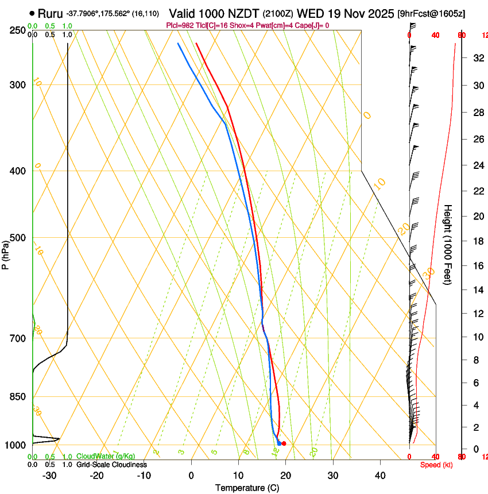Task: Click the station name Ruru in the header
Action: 50,13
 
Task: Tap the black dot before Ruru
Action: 32,13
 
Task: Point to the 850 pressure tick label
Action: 17,397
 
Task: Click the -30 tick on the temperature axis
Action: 49,476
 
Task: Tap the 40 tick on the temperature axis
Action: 379,476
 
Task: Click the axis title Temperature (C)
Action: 247,488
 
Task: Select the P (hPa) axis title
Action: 5,252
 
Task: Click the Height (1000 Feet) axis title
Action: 448,244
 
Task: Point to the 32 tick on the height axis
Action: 478,58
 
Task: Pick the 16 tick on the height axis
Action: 478,266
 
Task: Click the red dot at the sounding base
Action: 284,443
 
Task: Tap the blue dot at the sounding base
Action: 279,443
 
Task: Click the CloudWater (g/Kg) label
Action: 106,457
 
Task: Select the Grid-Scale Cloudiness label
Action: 111,465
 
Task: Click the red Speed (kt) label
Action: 436,465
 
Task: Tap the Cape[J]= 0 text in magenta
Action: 311,25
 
